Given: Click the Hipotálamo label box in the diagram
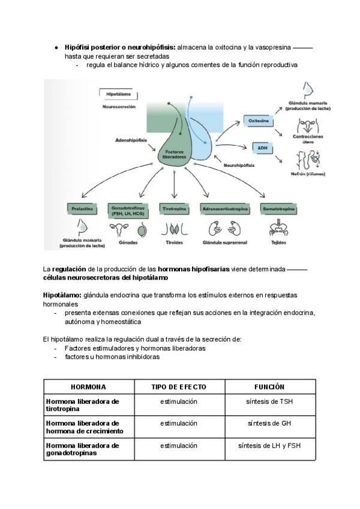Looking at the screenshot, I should tap(118, 95).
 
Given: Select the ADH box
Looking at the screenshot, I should tap(262, 147).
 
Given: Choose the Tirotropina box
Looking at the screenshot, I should tap(174, 208).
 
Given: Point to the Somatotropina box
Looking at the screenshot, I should tap(277, 208).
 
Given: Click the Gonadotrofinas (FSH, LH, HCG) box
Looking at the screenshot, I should tap(128, 209).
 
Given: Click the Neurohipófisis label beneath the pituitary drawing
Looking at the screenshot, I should tap(239, 164).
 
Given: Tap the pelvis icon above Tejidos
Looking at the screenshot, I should tap(277, 229).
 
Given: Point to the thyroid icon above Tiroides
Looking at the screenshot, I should tap(174, 229).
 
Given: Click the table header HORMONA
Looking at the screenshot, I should tap(89, 387).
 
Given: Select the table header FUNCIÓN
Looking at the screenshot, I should tap(269, 387).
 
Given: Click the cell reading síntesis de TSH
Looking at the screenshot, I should tap(269, 402).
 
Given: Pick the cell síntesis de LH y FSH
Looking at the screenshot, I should tap(269, 446).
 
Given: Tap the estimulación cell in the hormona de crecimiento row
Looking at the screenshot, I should tap(179, 424).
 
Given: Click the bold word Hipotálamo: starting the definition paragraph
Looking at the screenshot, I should tap(62, 295).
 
